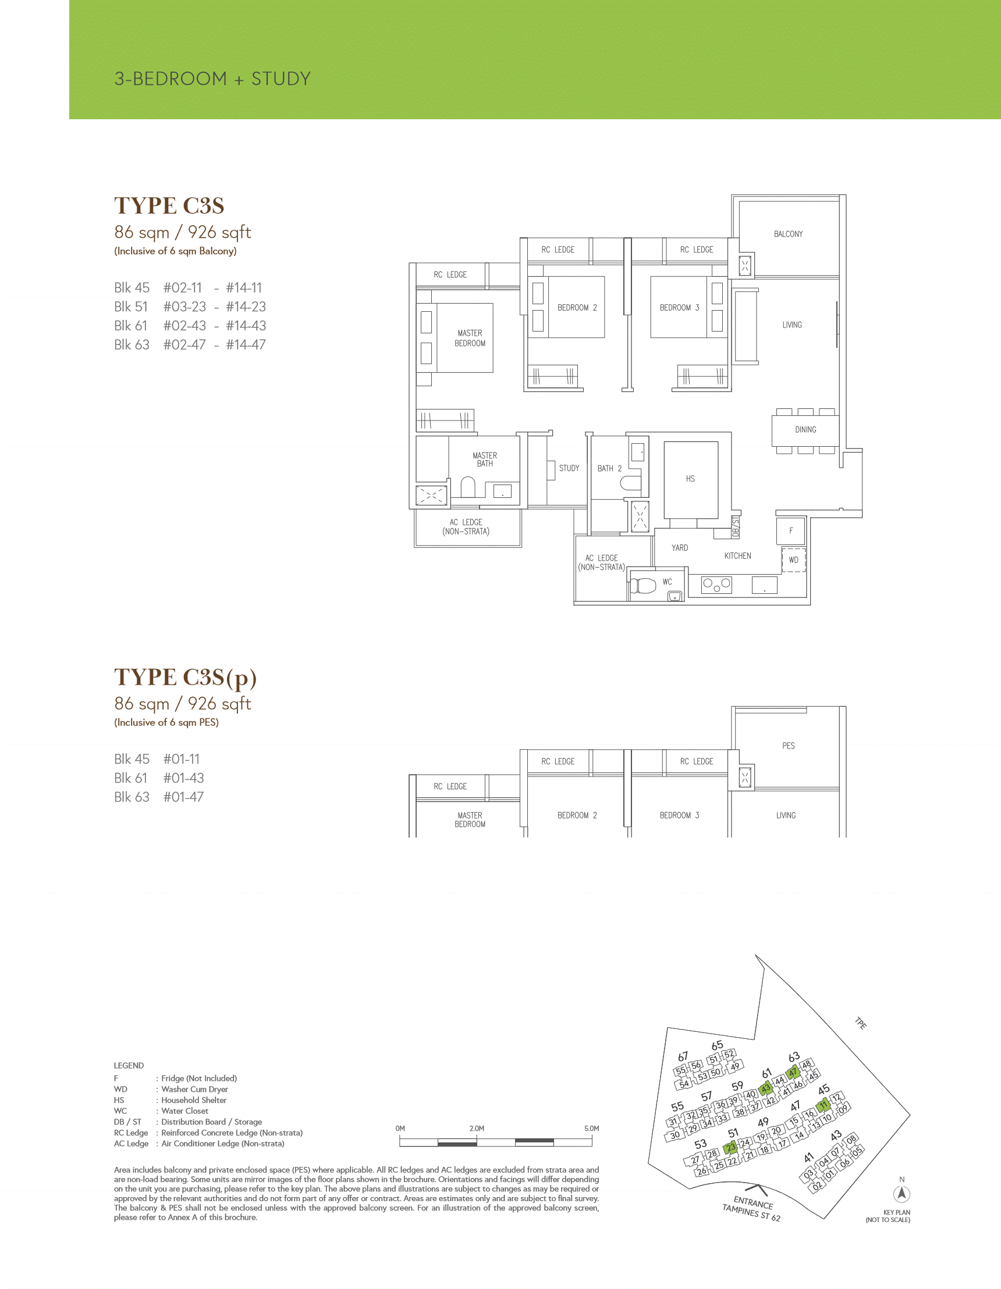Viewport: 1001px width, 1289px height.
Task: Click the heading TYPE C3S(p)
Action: coord(186,678)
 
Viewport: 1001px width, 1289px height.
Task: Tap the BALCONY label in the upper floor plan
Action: coord(788,234)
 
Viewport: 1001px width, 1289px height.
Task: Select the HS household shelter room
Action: coord(690,479)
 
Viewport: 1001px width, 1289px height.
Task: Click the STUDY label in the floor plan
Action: coord(569,469)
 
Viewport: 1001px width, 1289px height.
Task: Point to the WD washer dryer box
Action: coord(794,560)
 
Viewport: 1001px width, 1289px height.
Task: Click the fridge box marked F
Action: coord(791,530)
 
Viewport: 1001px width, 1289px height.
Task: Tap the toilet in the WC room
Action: coord(644,586)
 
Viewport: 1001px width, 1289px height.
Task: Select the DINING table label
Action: coord(805,430)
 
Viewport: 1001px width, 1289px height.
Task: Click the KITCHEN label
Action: coord(737,556)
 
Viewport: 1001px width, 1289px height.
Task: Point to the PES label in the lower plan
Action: coord(789,746)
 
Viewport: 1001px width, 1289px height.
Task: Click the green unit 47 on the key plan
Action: coord(793,1073)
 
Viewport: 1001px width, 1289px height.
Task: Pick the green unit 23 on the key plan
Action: coord(731,1147)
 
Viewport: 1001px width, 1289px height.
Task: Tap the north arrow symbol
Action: coord(902,1194)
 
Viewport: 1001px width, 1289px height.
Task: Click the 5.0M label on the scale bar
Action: coord(592,1128)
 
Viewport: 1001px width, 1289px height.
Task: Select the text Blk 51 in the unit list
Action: coord(131,307)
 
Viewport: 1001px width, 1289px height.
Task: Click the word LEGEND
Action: coord(129,1065)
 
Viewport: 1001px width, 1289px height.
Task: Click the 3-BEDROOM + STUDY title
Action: coord(212,79)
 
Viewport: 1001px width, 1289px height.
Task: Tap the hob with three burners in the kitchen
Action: coord(716,585)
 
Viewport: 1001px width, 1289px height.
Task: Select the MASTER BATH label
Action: coord(485,460)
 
